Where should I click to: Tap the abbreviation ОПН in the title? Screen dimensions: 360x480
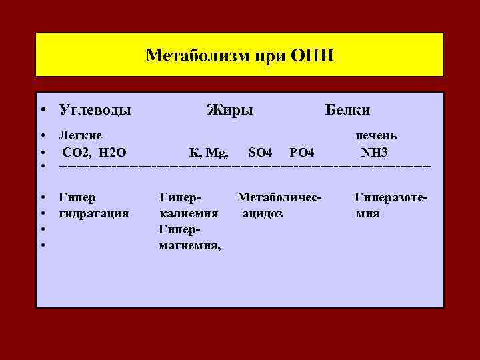[312, 54]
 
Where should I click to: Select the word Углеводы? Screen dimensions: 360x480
[95, 109]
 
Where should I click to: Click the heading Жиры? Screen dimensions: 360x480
[230, 109]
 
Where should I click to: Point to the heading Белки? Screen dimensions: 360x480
[347, 109]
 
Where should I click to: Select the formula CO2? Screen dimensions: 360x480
[79, 152]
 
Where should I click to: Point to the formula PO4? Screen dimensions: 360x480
[302, 152]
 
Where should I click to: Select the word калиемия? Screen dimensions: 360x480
[189, 213]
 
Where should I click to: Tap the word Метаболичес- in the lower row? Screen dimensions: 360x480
[279, 197]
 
